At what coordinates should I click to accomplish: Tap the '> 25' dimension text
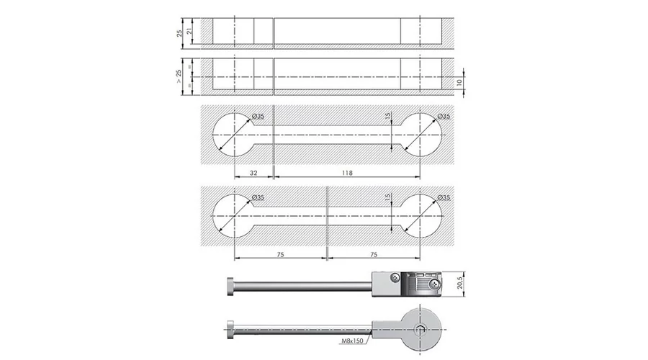point(179,76)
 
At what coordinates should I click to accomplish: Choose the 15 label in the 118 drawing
point(388,117)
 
